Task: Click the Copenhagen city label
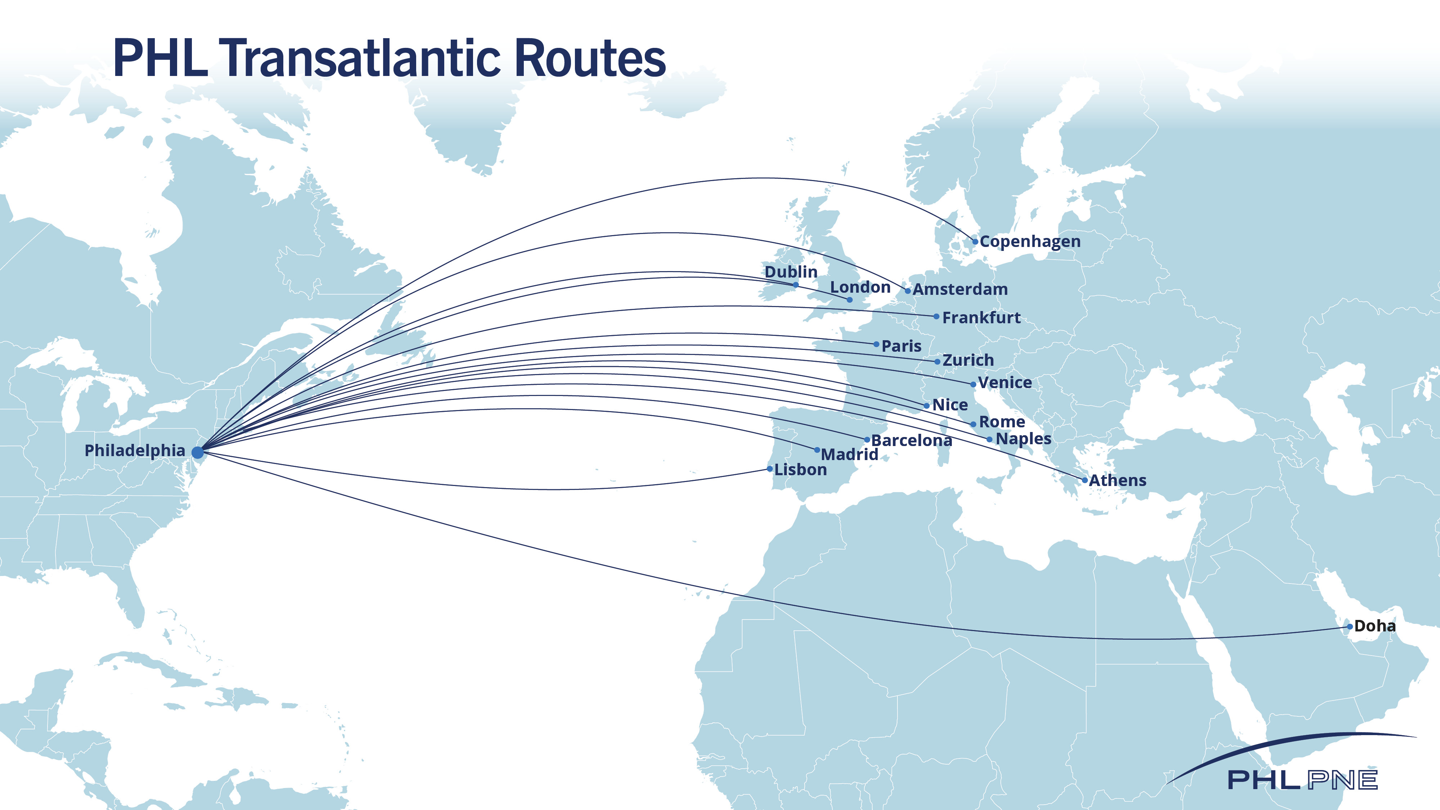coord(1030,242)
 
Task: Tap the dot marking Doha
coord(1349,627)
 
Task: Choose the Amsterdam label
coord(960,289)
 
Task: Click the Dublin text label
coord(791,272)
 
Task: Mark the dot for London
coord(849,300)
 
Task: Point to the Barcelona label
coord(911,441)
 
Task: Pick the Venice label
coord(1004,383)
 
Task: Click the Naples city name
coord(1023,439)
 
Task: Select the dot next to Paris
coord(876,345)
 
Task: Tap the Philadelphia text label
coord(134,451)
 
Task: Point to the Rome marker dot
coord(973,424)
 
